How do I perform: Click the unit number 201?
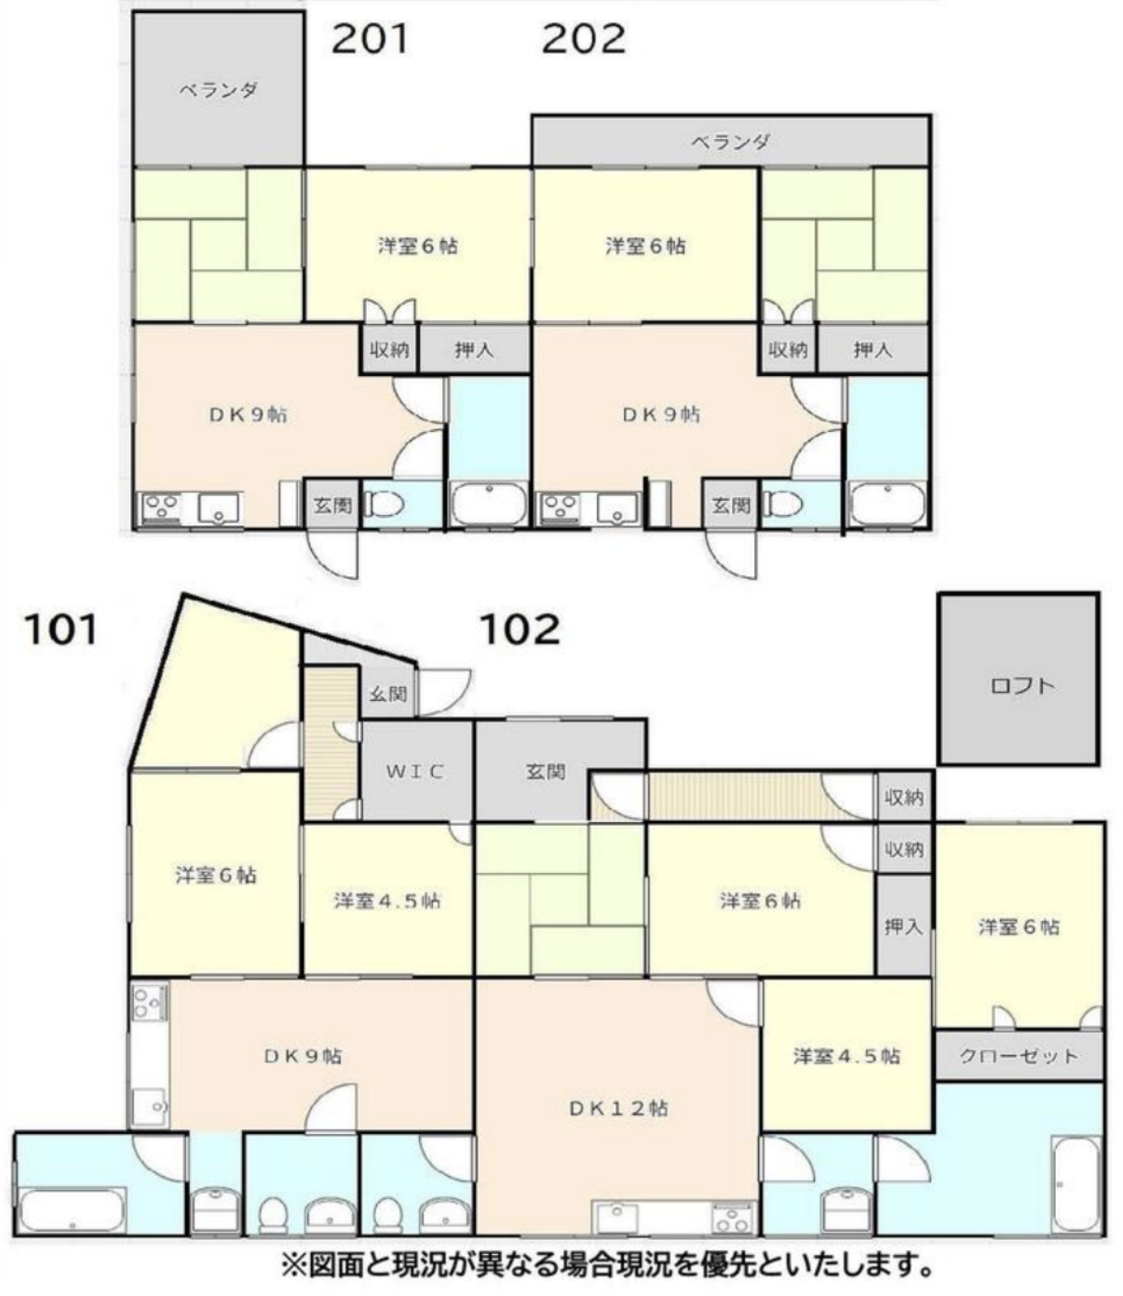tap(370, 39)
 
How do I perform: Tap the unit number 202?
tap(584, 39)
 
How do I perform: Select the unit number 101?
tap(61, 629)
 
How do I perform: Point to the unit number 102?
tap(520, 629)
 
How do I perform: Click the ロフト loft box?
tap(1019, 679)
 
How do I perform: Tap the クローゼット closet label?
tap(1019, 1056)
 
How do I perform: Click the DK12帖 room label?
tap(618, 1109)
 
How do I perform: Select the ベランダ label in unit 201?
tap(218, 90)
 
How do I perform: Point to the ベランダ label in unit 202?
tap(730, 142)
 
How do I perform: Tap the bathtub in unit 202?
tap(886, 504)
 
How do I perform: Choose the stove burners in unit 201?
tap(162, 506)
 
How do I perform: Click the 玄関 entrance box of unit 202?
tap(731, 504)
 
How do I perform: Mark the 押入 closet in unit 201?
tap(475, 349)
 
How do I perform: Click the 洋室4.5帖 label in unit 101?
tap(387, 901)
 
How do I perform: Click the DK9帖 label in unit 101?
tap(304, 1056)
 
